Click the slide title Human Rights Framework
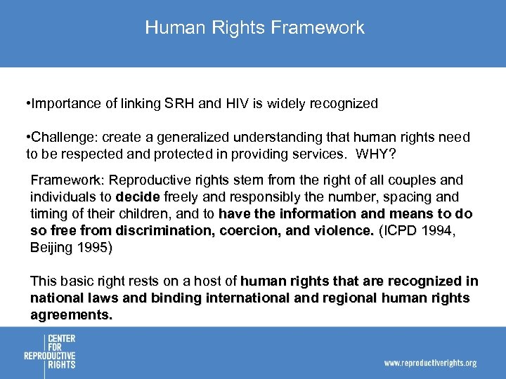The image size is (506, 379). [254, 27]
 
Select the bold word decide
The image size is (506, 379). [137, 197]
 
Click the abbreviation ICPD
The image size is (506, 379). [401, 230]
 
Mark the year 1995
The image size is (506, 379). [93, 248]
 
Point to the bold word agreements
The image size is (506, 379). [71, 315]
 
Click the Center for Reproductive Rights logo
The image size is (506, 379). [50, 352]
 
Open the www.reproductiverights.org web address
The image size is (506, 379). [430, 363]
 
